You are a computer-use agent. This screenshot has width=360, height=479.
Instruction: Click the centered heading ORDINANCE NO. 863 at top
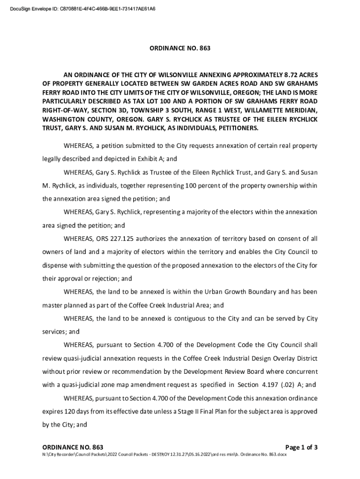pos(180,48)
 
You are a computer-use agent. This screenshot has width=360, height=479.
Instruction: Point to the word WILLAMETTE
pos(262,110)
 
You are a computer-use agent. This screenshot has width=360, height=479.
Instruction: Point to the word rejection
pos(103,279)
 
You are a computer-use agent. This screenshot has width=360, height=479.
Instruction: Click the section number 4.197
pos(265,385)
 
